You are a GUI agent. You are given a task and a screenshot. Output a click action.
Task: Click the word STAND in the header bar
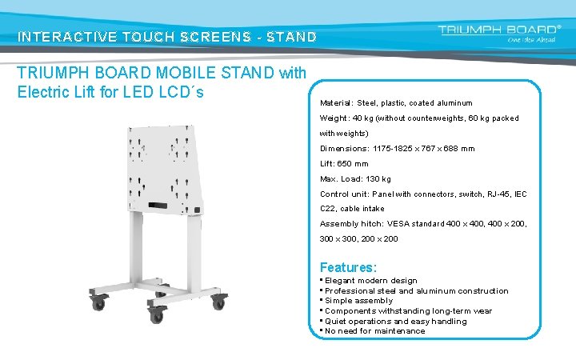click(292, 37)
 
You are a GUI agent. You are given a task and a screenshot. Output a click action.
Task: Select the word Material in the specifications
click(336, 103)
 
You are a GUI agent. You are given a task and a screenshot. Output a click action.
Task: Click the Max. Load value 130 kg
click(374, 179)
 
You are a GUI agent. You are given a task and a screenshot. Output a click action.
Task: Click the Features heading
click(348, 267)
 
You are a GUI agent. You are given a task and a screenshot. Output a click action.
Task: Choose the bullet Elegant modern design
click(371, 281)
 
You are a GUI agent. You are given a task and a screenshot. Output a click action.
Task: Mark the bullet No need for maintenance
click(375, 331)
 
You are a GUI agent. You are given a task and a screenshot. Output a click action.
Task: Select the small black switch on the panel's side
click(197, 212)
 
